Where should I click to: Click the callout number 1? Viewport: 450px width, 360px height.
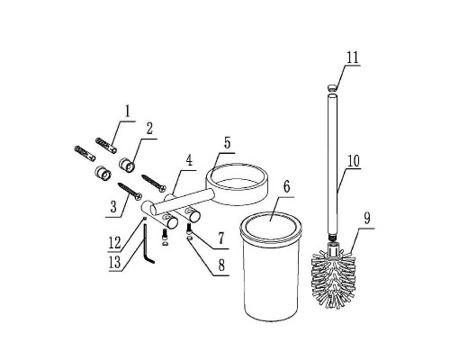point(128,112)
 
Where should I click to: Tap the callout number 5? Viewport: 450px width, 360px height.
point(227,143)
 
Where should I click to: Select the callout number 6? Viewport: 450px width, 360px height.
point(286,187)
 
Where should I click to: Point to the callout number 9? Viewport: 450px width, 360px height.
point(367,218)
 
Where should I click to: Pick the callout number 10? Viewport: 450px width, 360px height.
point(354,161)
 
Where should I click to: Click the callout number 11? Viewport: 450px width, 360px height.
point(353,57)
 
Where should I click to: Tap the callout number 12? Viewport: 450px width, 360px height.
point(114,243)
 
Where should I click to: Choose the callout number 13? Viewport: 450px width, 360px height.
point(114,263)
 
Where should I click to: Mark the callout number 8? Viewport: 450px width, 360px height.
point(221,265)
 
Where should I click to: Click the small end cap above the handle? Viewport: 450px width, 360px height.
point(331,88)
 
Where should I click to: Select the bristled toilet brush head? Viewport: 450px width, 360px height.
point(334,279)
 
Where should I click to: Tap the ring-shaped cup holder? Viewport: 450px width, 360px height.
point(237,184)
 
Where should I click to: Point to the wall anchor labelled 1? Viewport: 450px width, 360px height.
point(106,145)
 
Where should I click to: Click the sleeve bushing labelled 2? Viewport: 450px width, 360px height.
point(127,166)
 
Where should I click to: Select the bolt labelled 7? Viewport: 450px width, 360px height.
point(189,229)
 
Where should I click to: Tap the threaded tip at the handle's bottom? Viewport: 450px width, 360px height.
point(331,237)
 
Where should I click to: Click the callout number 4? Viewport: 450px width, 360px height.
point(189,161)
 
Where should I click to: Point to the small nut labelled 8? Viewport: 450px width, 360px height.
point(189,238)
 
